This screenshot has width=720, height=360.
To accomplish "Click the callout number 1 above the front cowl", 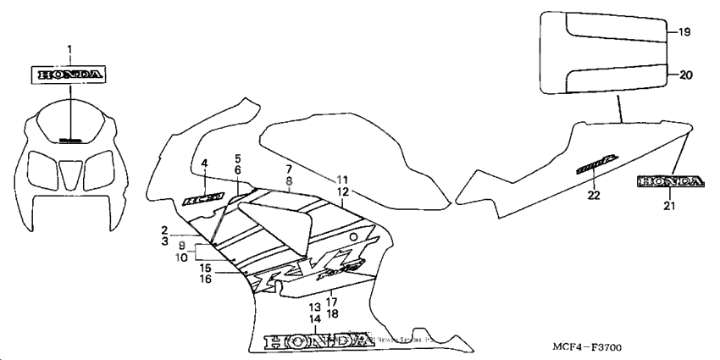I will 70,48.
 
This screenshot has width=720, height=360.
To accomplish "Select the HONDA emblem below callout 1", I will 70,75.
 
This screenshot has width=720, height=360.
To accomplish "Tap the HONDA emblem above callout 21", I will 670,181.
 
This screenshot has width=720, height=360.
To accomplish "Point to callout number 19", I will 684,32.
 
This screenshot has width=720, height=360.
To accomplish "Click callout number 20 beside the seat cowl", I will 685,75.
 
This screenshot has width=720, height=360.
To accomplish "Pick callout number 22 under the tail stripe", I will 593,196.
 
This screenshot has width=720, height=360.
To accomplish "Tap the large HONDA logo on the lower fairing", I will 318,341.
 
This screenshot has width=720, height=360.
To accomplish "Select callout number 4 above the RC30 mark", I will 204,163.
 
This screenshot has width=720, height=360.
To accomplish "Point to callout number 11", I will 341,180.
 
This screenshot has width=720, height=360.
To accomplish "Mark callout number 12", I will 341,192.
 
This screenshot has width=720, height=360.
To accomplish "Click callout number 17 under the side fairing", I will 332,302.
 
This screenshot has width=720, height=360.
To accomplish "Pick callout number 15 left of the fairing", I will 206,268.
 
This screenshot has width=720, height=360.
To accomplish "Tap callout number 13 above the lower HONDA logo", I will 314,306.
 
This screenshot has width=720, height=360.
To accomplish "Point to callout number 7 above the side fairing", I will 288,169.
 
